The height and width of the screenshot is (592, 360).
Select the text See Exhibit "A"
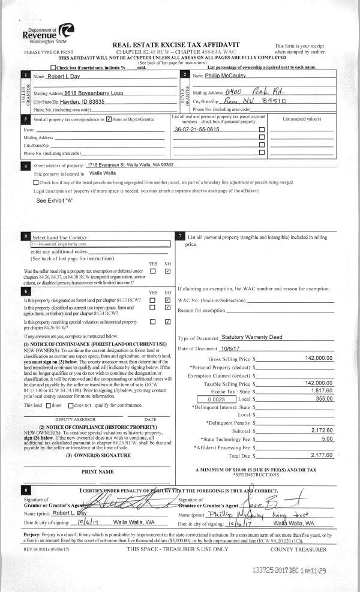click(x=55, y=200)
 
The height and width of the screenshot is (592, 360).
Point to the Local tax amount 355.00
click(x=323, y=398)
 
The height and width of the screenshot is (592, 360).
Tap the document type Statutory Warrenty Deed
click(x=251, y=338)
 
